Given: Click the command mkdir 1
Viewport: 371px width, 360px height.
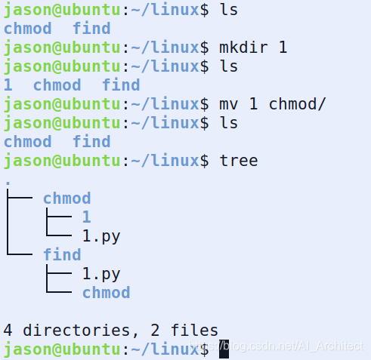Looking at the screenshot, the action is pos(253,48).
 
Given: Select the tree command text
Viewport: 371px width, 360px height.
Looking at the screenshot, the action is pos(239,161).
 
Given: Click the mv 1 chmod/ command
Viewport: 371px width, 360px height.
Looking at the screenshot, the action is pos(273,104).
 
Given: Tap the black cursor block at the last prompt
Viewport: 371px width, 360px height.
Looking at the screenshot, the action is pos(224,349).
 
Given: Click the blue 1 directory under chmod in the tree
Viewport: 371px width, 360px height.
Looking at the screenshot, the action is pos(87,217).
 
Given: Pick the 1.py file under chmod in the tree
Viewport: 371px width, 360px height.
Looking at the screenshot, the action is pos(101,236).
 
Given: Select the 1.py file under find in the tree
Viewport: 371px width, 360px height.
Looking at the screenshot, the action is pos(101,274).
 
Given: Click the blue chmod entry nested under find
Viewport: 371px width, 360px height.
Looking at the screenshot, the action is pos(107,293).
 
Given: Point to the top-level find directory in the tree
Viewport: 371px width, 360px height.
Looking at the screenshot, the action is pos(62,254).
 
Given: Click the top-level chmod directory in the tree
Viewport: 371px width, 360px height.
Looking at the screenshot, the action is pos(67,198).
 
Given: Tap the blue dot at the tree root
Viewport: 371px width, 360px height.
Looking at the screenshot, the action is pos(8,183).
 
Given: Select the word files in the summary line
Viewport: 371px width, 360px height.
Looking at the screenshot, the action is pos(194,330).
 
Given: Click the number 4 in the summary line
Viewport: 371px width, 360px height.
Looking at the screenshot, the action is pos(8,331).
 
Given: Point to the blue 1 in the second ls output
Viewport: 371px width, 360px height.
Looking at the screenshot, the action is pos(8,85).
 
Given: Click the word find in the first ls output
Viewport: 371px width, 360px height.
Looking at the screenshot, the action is pos(91,28).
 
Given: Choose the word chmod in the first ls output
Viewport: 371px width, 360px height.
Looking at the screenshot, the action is pos(28,28).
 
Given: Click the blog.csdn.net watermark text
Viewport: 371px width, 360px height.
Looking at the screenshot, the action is pos(277,346).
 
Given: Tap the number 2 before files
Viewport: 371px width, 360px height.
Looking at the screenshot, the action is pos(156,331).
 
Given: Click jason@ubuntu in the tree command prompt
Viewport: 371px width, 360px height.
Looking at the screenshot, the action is pos(62,161).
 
